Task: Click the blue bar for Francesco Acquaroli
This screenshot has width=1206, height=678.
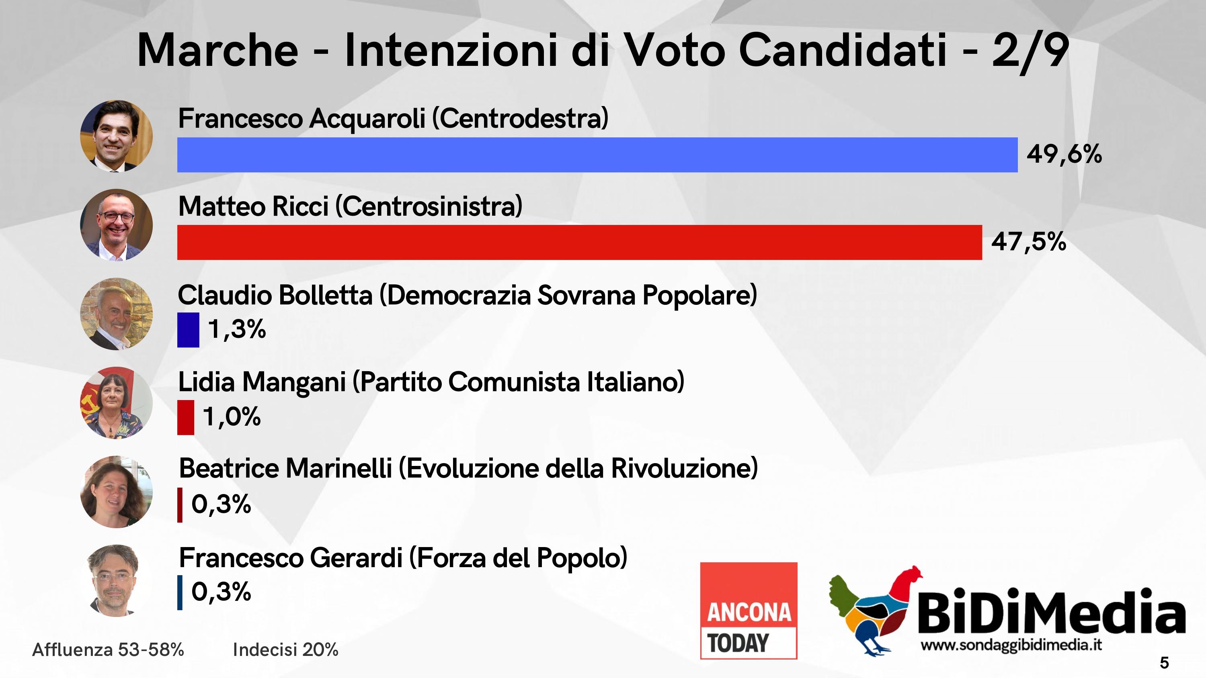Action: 597,155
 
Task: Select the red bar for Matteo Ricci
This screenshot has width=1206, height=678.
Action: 580,242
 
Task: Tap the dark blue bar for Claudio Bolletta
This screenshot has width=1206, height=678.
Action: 188,330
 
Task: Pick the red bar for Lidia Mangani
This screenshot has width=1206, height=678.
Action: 185,417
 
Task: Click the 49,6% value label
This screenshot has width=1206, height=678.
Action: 1064,154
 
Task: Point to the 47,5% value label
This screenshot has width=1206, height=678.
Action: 1029,242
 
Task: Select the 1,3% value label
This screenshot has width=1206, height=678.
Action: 237,329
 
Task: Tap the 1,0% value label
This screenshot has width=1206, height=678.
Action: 232,417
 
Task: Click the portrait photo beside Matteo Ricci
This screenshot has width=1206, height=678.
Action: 117,225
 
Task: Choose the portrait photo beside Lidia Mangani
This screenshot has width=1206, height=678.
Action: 117,403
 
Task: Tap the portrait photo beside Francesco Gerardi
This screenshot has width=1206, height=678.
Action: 114,580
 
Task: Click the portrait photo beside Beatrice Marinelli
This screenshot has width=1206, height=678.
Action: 117,492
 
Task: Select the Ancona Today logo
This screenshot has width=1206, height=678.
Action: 749,611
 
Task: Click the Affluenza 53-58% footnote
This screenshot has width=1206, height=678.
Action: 108,649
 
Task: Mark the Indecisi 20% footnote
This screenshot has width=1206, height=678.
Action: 285,649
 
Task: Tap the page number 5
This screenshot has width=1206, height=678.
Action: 1164,663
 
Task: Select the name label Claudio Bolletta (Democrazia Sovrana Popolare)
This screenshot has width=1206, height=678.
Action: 467,295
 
